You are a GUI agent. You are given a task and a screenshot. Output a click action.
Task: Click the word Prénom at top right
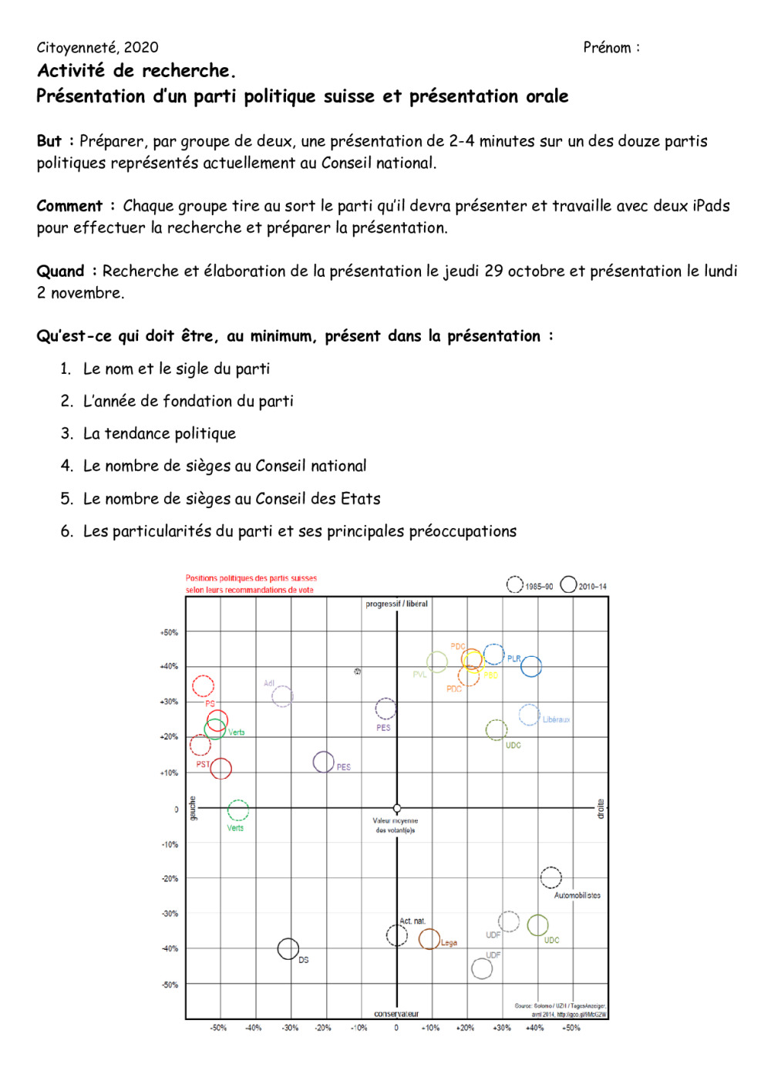pyautogui.click(x=607, y=48)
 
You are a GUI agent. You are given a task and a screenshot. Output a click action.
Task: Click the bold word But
pyautogui.click(x=49, y=141)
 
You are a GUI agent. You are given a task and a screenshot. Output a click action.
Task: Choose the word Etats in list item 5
pyautogui.click(x=361, y=499)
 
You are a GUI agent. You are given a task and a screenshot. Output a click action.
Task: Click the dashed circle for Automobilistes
pyautogui.click(x=550, y=877)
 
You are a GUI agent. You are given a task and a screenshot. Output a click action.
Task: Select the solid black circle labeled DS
pyautogui.click(x=288, y=948)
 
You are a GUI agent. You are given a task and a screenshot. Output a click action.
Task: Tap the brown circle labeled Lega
pyautogui.click(x=429, y=939)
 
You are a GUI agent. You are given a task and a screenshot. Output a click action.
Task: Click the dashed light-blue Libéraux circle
pyautogui.click(x=529, y=715)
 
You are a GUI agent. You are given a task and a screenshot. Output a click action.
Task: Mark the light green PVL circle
pyautogui.click(x=437, y=662)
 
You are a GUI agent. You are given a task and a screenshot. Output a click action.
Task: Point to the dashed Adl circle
pyautogui.click(x=282, y=696)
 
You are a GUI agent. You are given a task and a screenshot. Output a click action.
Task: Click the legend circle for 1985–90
pyautogui.click(x=514, y=585)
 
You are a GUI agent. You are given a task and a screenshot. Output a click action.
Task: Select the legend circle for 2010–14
pyautogui.click(x=568, y=584)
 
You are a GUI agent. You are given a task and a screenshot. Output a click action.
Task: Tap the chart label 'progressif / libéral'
pyautogui.click(x=396, y=604)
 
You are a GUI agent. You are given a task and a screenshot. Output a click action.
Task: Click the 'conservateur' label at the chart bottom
pyautogui.click(x=396, y=1014)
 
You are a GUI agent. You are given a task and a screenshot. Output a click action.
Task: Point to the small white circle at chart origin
pyautogui.click(x=397, y=809)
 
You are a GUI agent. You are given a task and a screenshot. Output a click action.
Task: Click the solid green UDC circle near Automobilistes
pyautogui.click(x=537, y=924)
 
